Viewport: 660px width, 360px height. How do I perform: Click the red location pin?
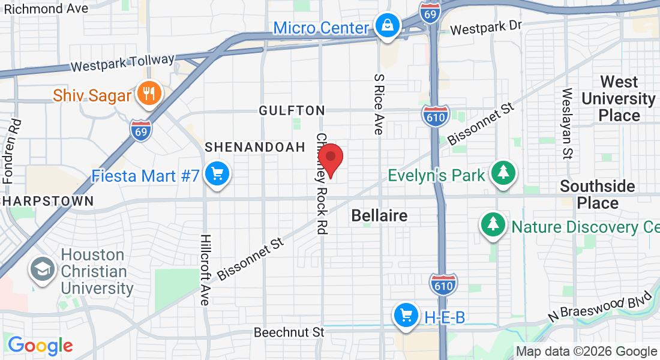[330, 159]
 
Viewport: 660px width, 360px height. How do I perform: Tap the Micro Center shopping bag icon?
[388, 26]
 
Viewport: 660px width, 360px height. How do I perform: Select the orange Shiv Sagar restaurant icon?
[148, 94]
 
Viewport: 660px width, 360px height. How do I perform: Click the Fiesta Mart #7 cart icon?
[215, 175]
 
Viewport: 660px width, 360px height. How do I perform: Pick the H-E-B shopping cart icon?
[406, 315]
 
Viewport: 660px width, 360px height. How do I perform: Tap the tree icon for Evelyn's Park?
[503, 173]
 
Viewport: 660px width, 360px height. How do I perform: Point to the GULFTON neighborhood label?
[292, 110]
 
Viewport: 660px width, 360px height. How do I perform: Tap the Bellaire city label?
[379, 215]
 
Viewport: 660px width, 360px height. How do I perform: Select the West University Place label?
[619, 98]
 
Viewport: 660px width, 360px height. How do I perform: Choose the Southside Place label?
[598, 194]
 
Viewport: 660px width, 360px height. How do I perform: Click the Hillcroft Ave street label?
[205, 269]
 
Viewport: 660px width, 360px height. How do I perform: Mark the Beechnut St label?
[289, 332]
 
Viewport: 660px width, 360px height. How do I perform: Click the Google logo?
[40, 345]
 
